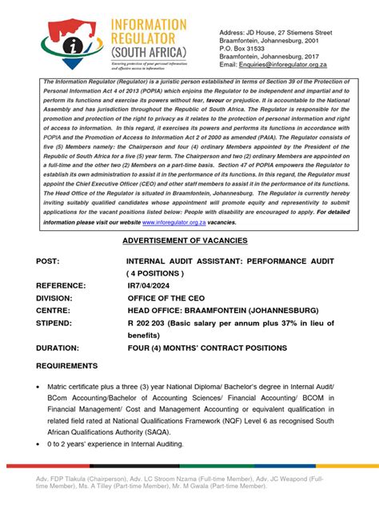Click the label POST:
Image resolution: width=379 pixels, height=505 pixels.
point(50,261)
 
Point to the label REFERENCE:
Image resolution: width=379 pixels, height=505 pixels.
point(65,284)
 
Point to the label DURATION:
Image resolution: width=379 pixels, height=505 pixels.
point(62,348)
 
